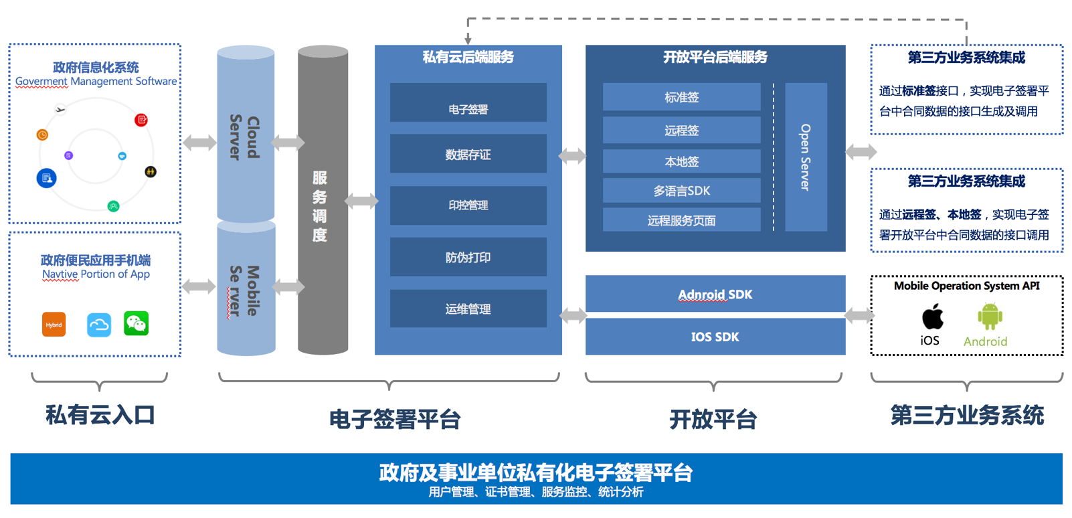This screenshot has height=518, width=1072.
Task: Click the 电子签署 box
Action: click(468, 103)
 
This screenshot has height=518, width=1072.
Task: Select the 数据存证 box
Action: click(468, 155)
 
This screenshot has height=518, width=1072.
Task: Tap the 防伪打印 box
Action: click(468, 257)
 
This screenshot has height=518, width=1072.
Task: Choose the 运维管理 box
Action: click(468, 309)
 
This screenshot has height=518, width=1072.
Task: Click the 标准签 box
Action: click(681, 97)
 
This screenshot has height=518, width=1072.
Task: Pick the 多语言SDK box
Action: click(681, 191)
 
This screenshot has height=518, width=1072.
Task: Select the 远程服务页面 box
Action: click(681, 220)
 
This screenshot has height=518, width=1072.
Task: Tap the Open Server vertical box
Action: click(806, 157)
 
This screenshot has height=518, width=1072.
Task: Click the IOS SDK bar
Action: click(715, 337)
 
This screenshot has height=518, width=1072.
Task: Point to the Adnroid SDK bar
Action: click(715, 294)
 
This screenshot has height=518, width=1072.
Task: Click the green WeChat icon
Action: click(137, 324)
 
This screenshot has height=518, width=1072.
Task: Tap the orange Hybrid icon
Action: click(54, 325)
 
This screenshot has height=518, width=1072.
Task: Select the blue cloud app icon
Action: click(99, 325)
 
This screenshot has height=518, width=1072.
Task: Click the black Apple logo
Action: click(932, 317)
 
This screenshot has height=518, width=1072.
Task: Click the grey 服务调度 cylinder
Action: click(323, 201)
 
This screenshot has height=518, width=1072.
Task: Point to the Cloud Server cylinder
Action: click(246, 134)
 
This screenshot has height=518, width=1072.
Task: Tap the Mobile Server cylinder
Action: click(246, 289)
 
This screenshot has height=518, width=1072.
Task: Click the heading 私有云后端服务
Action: click(468, 58)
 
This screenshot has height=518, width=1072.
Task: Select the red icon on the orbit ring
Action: click(141, 120)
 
